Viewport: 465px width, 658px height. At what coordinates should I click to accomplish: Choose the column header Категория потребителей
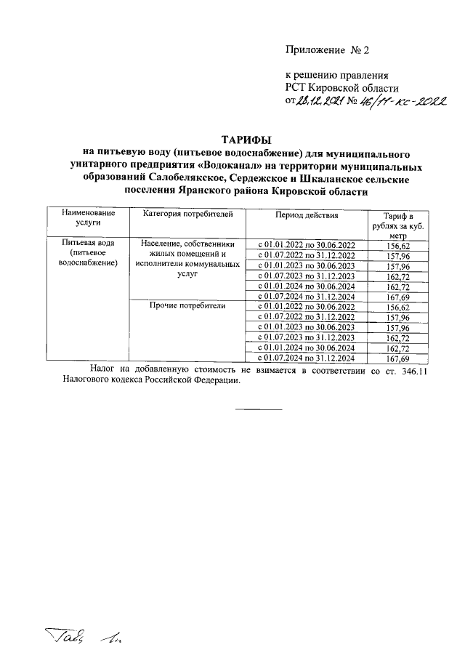(x=187, y=215)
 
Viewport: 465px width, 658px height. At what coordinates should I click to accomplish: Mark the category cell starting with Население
(x=187, y=260)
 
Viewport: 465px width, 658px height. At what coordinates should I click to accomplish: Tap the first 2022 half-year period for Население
(x=306, y=245)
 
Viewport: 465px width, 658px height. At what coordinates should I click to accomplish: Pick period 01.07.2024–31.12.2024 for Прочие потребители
(x=306, y=358)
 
